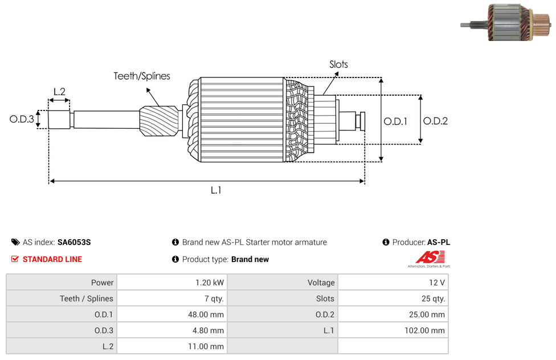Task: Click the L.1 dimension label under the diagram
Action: [216, 190]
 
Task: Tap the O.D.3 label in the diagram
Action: [22, 119]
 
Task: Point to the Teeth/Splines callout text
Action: [142, 76]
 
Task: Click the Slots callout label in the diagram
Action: [338, 64]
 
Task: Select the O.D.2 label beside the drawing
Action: [435, 121]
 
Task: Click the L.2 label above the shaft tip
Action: [60, 92]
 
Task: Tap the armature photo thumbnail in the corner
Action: [506, 22]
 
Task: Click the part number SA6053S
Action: [74, 242]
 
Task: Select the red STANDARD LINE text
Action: [52, 259]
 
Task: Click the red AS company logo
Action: [430, 259]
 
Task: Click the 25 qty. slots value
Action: [434, 298]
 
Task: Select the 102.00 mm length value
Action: [425, 330]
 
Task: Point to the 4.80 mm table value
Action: [208, 330]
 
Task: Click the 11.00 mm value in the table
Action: [206, 346]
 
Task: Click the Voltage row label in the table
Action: [321, 283]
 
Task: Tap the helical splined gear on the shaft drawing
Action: [159, 121]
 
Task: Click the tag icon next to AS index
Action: [15, 242]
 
